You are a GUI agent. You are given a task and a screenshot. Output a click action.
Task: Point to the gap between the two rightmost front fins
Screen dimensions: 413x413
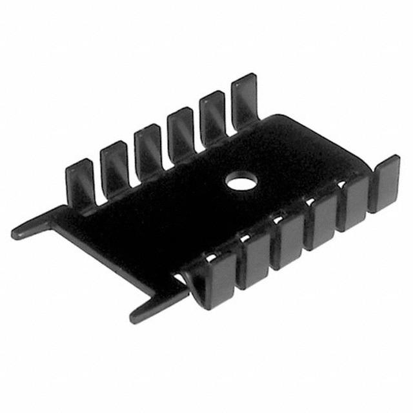point(370,194)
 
